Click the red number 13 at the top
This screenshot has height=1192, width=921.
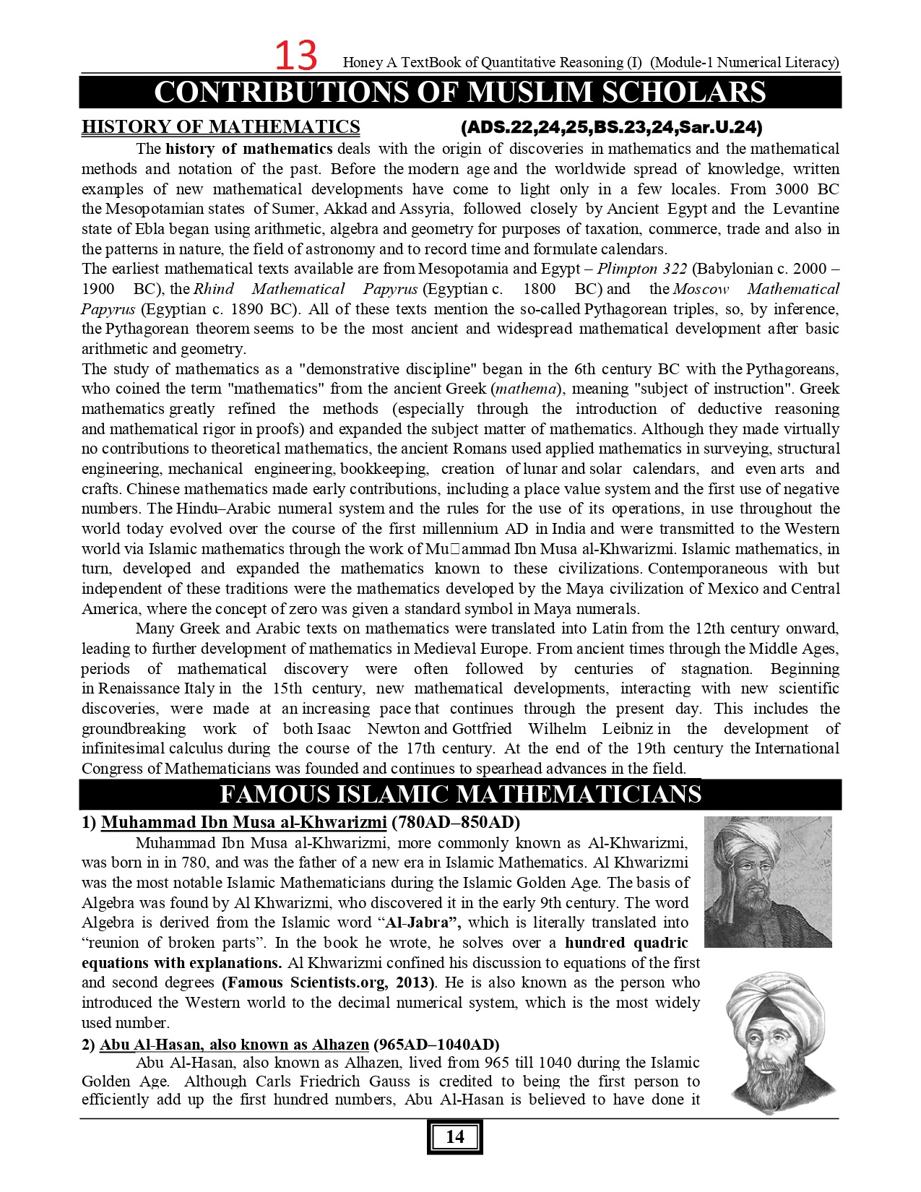[x=296, y=56]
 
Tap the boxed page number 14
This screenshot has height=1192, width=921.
[x=454, y=1136]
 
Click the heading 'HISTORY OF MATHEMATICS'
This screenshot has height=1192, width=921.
[x=220, y=127]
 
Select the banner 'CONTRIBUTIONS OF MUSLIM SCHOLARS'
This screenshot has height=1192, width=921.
[x=460, y=92]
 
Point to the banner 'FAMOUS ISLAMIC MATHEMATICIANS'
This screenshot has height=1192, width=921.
[x=460, y=795]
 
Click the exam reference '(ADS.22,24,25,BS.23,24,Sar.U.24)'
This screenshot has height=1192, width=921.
[x=611, y=128]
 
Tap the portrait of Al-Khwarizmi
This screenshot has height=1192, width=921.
[x=767, y=881]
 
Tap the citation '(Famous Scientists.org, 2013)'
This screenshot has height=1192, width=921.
[x=329, y=982]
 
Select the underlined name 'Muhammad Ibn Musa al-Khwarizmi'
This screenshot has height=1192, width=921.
[x=243, y=822]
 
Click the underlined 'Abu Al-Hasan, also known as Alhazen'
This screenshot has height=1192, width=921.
[x=234, y=1044]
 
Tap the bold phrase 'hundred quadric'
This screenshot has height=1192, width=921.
[x=626, y=943]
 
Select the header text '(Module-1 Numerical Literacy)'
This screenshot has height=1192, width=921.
[x=745, y=63]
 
